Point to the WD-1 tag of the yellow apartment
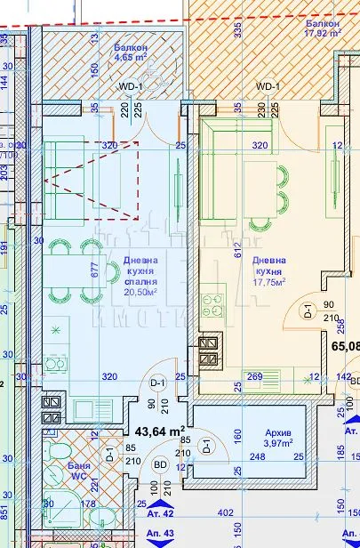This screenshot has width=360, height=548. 267,86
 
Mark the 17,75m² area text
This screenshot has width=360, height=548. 268,282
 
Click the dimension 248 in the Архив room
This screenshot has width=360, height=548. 258,456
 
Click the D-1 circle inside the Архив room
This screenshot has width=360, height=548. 205,445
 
